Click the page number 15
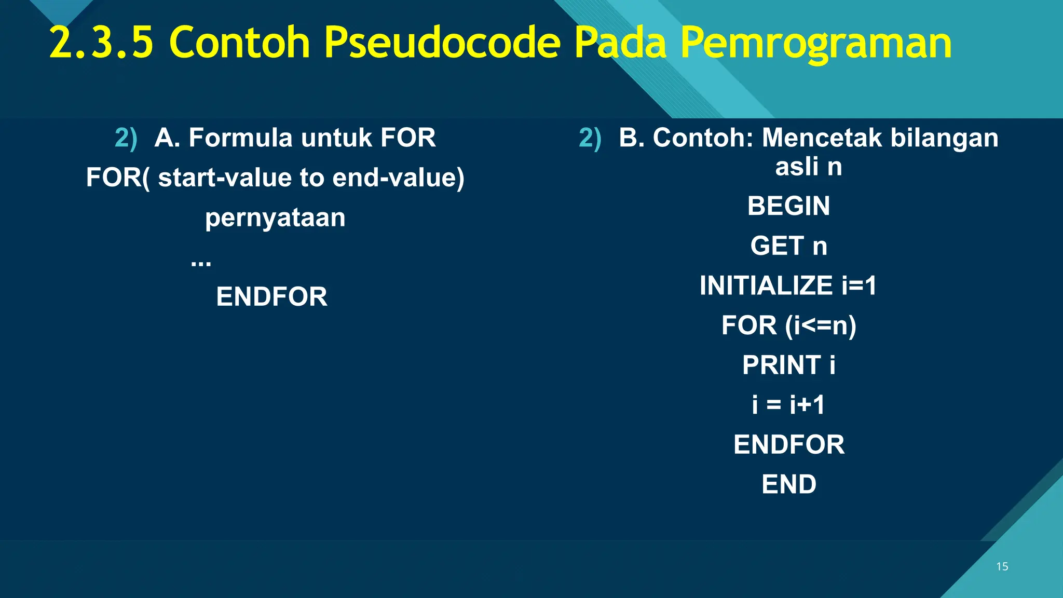coord(1002,566)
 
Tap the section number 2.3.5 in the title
coord(102,43)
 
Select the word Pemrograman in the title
coord(815,43)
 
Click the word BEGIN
coord(788,206)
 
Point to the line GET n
coord(788,246)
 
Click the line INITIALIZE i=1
coord(788,286)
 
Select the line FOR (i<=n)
coord(788,325)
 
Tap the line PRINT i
coord(788,365)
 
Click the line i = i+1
coord(788,405)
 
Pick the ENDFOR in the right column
coord(789,445)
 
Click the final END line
coord(789,484)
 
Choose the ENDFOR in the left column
coord(271,297)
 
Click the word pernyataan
coord(275,218)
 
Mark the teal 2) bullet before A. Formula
coord(126,139)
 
